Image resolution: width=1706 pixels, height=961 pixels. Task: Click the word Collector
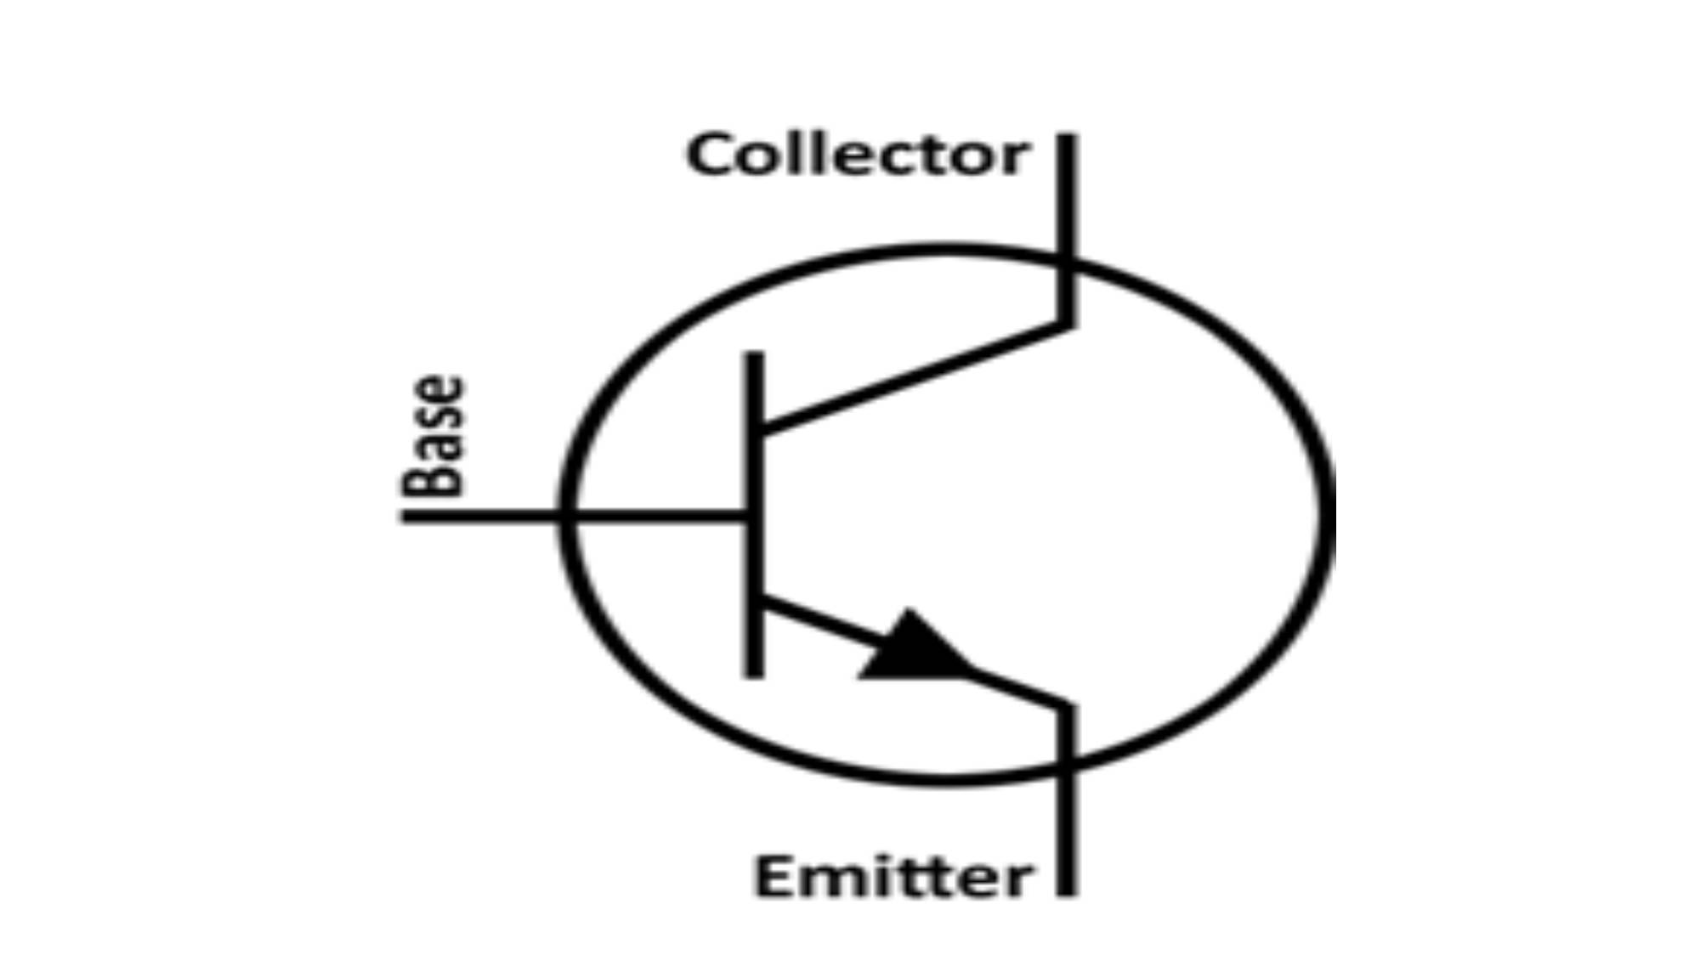[x=858, y=155]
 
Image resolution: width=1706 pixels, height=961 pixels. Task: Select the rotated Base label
[x=434, y=436]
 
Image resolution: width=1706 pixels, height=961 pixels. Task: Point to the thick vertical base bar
[x=754, y=514]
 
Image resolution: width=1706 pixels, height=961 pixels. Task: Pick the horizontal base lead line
[x=574, y=515]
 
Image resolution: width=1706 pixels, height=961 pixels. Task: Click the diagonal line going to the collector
[x=914, y=377]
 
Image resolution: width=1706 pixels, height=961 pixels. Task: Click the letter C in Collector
[x=709, y=155]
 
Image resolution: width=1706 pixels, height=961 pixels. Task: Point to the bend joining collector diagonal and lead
[x=1067, y=323]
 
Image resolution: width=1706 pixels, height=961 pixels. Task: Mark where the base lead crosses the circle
[x=566, y=515]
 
